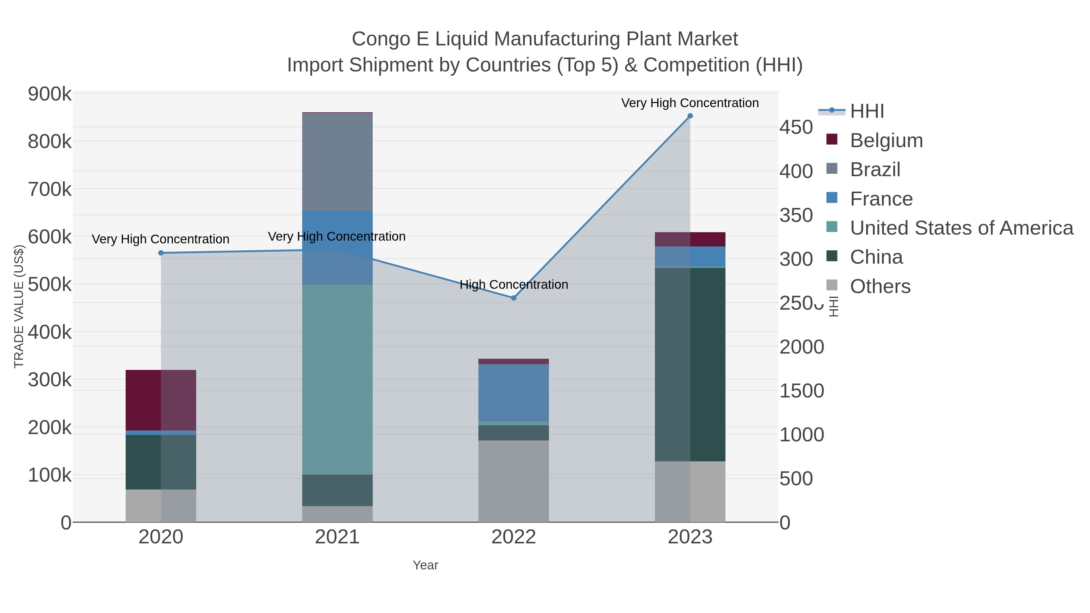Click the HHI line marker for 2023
coord(690,116)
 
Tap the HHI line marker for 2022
coord(514,298)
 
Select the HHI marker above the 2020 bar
coord(161,253)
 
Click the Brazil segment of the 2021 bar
coord(337,162)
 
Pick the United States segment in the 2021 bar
coord(337,380)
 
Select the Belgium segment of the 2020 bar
coord(161,400)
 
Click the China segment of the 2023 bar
coord(690,364)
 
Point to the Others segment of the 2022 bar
coord(514,481)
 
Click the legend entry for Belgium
coord(886,140)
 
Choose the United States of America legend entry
coord(961,228)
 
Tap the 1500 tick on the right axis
coord(801,391)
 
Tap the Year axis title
coord(425,565)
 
